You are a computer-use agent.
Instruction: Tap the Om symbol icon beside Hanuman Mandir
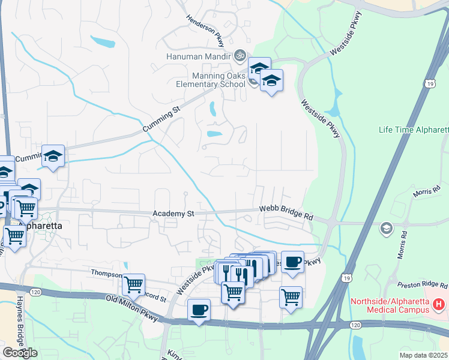(240, 56)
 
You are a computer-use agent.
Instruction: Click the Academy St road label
(173, 214)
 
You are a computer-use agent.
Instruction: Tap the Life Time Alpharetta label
(414, 130)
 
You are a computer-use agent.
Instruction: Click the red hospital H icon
(439, 305)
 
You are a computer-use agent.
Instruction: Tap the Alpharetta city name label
(41, 226)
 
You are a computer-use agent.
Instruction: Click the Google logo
(20, 352)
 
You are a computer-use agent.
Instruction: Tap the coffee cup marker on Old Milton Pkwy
(199, 310)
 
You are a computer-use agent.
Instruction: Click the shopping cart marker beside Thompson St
(133, 284)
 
